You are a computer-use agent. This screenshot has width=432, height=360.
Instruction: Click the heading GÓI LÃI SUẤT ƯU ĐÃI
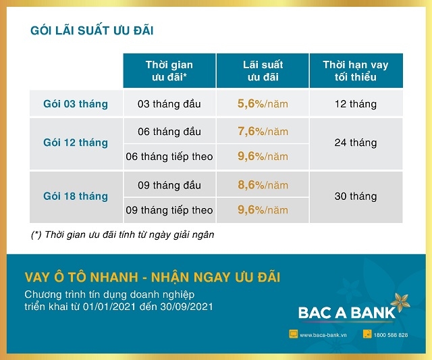[x=97, y=30]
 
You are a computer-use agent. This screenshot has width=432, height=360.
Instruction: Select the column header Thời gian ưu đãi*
[x=169, y=70]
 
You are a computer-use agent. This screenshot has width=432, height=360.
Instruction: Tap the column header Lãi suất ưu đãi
[x=263, y=70]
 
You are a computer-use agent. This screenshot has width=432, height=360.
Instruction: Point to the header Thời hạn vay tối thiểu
[x=355, y=70]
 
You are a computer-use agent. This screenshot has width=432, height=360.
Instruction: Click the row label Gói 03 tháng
[x=76, y=104]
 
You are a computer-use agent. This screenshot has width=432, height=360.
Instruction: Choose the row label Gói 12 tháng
[x=76, y=143]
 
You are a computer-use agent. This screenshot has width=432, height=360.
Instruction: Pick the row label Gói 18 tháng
[x=76, y=196]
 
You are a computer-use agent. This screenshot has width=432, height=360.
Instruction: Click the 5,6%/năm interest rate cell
[x=263, y=104]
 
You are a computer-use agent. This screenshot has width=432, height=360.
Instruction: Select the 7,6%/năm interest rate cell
[x=263, y=131]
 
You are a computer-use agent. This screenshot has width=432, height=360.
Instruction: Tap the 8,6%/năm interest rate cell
[x=263, y=184]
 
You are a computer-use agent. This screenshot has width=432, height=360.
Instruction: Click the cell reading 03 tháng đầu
[x=169, y=104]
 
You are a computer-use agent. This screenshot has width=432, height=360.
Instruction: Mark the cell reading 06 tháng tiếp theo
[x=169, y=157]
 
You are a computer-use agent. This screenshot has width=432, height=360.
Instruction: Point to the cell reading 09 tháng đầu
[x=169, y=184]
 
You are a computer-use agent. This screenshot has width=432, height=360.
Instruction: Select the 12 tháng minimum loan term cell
[x=355, y=104]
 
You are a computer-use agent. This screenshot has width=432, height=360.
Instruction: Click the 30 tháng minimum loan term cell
[x=355, y=196]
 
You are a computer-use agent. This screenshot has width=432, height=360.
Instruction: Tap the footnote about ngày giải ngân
[x=127, y=234]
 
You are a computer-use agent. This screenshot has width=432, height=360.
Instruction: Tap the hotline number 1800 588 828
[x=391, y=335]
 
